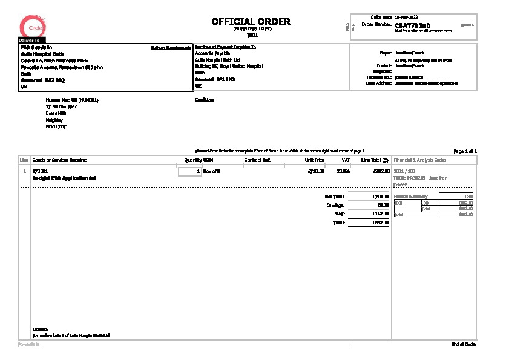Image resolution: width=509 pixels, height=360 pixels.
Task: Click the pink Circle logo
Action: pyautogui.click(x=31, y=27)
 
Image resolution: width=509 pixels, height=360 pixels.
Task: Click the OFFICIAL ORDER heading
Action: pyautogui.click(x=251, y=22)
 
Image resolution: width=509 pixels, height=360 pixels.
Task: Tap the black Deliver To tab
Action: pyautogui.click(x=30, y=40)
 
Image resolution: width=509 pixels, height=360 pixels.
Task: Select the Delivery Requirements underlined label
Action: pyautogui.click(x=171, y=47)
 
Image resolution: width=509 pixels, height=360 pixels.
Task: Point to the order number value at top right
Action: pyautogui.click(x=412, y=26)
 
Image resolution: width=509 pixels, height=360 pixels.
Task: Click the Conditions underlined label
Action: pyautogui.click(x=205, y=100)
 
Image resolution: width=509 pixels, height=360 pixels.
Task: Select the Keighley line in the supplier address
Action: pyautogui.click(x=54, y=120)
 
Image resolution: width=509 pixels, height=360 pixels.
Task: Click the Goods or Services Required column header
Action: pyautogui.click(x=59, y=160)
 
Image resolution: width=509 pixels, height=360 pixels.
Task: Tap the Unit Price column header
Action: pyautogui.click(x=315, y=160)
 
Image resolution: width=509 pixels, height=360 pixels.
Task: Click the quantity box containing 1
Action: pyautogui.click(x=189, y=172)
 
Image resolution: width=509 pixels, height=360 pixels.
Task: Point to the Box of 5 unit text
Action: pyautogui.click(x=211, y=172)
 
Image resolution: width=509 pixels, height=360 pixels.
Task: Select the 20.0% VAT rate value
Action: pyautogui.click(x=343, y=172)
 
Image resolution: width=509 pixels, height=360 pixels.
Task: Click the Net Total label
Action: pyautogui.click(x=334, y=197)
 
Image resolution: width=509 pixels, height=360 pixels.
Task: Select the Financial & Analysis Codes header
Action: pyautogui.click(x=420, y=160)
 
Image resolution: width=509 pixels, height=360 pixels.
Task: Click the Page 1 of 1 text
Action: pyautogui.click(x=465, y=151)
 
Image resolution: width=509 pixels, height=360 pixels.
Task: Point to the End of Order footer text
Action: pyautogui.click(x=464, y=344)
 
